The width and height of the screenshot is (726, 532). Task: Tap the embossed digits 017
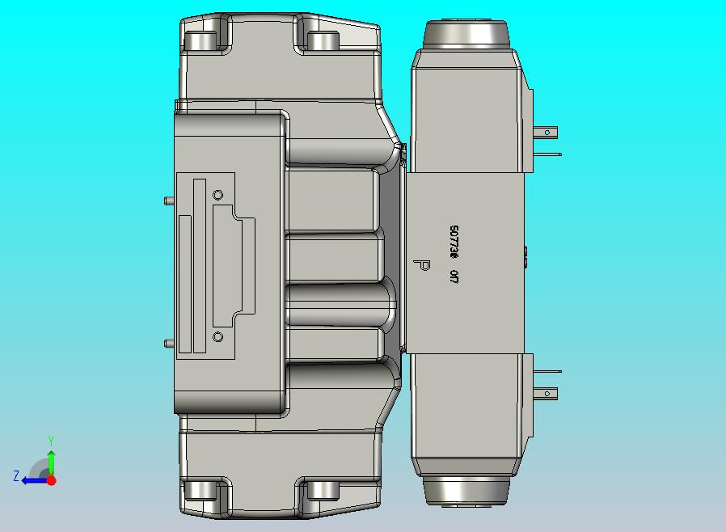click(x=454, y=277)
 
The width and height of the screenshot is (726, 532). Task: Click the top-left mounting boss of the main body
click(x=202, y=40)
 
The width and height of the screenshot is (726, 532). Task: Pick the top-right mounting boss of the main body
click(x=323, y=40)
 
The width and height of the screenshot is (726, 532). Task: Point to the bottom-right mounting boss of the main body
click(x=323, y=490)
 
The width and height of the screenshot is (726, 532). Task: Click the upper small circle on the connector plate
click(x=217, y=195)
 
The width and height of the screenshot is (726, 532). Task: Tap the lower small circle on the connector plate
click(x=217, y=336)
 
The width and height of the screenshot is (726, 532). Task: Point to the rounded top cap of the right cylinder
click(x=466, y=32)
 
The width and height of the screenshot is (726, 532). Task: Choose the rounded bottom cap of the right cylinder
click(x=466, y=492)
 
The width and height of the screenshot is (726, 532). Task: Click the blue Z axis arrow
click(x=32, y=480)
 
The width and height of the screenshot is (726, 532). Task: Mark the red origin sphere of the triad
click(x=51, y=480)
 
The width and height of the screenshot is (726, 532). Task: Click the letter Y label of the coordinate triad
click(x=51, y=441)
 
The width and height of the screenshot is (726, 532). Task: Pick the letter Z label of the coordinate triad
click(x=15, y=476)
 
